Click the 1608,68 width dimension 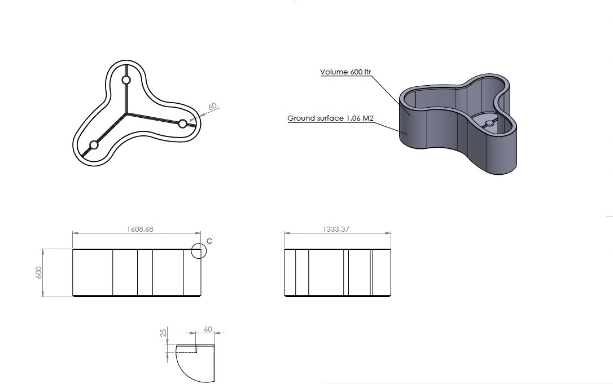coord(140,229)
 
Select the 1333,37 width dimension coord(336,229)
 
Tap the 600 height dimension coord(39,273)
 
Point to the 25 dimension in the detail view coord(164,333)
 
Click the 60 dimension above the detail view coord(208,329)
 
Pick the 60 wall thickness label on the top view coord(212,106)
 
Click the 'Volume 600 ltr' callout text coord(345,72)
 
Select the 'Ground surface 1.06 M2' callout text coord(330,118)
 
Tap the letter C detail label coord(209,241)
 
